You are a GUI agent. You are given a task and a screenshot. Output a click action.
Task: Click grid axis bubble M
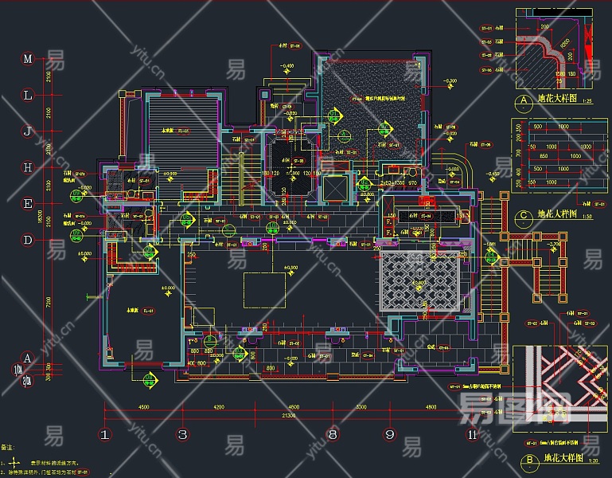click(27, 59)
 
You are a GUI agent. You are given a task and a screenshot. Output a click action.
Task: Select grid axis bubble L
click(27, 95)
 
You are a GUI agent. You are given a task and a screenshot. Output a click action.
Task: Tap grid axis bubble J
click(27, 131)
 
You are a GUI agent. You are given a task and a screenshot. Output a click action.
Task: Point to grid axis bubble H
click(27, 167)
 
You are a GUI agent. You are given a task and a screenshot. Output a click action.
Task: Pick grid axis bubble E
click(27, 203)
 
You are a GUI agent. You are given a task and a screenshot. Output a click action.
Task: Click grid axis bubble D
click(27, 239)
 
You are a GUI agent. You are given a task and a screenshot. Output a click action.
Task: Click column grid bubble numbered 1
click(104, 434)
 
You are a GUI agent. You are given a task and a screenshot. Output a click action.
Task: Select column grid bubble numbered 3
click(182, 434)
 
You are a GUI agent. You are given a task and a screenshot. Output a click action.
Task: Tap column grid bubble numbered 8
click(333, 434)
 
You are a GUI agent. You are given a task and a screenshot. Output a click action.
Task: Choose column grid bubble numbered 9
click(390, 434)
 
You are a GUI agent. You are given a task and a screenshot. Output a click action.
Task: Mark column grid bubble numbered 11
click(473, 434)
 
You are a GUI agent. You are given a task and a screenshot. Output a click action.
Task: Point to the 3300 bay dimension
click(361, 407)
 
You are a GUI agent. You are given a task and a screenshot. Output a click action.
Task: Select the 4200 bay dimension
click(219, 407)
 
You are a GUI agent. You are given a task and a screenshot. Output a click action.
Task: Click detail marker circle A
click(524, 102)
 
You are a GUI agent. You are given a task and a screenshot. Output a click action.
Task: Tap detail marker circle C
click(524, 215)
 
